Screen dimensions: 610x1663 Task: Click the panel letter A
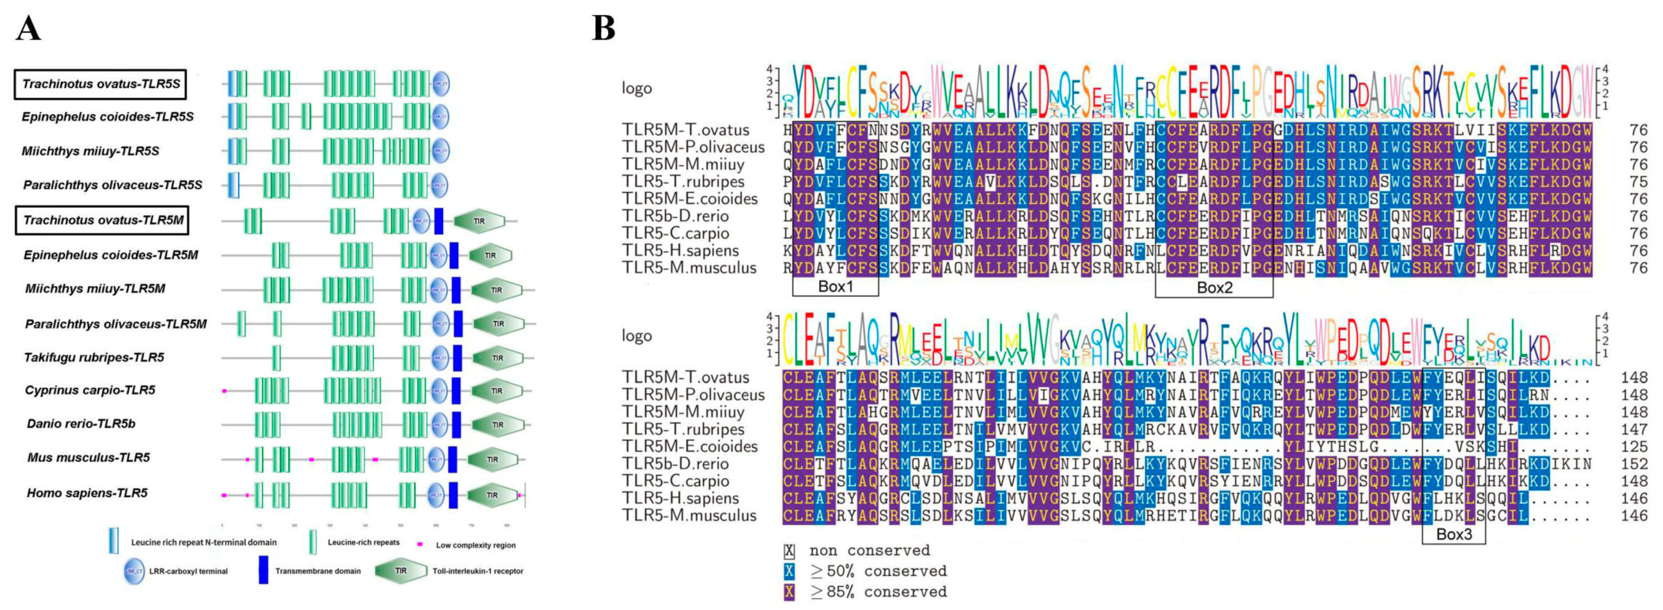(x=29, y=29)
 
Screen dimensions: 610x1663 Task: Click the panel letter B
(x=603, y=29)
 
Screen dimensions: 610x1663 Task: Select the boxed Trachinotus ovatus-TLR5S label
(x=101, y=84)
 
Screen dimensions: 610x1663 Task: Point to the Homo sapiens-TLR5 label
(x=87, y=493)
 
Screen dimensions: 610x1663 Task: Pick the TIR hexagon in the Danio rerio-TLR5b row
(x=498, y=425)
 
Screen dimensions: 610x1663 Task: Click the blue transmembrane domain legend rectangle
(x=264, y=570)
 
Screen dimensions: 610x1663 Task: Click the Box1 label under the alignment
(x=835, y=286)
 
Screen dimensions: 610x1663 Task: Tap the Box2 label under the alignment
(x=1214, y=287)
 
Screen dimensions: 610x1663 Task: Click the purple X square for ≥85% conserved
(x=789, y=591)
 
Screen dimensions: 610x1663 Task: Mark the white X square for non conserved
(x=789, y=550)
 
